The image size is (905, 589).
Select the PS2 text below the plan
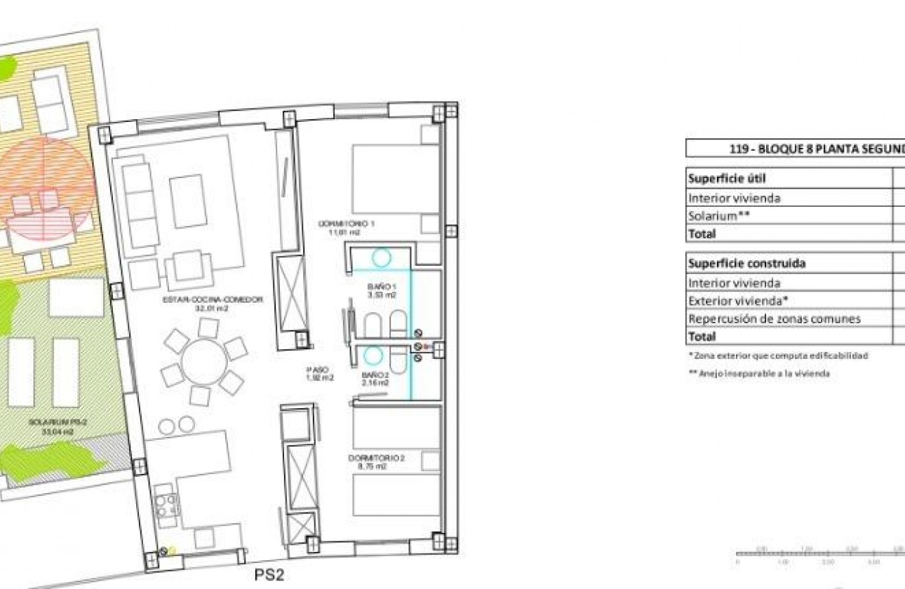tap(269, 575)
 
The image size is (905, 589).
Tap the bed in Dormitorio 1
tap(395, 179)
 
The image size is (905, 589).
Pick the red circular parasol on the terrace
tap(46, 189)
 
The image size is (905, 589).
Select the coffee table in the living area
tap(188, 201)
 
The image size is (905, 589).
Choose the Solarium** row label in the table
tap(719, 216)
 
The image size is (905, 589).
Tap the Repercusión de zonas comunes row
tap(774, 319)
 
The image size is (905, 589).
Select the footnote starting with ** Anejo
tap(759, 374)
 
